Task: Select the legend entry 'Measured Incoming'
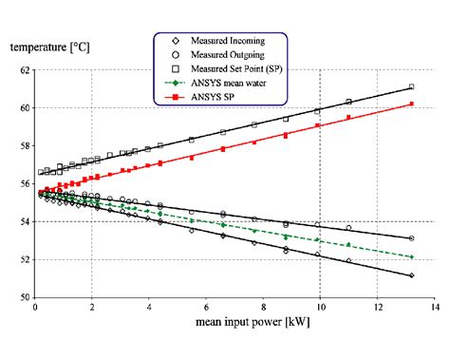[x=227, y=41]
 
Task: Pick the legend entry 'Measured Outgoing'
[x=226, y=55]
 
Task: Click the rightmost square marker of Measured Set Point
[x=411, y=87]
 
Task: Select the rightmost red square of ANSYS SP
[x=411, y=104]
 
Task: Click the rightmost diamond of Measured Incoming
[x=411, y=275]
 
